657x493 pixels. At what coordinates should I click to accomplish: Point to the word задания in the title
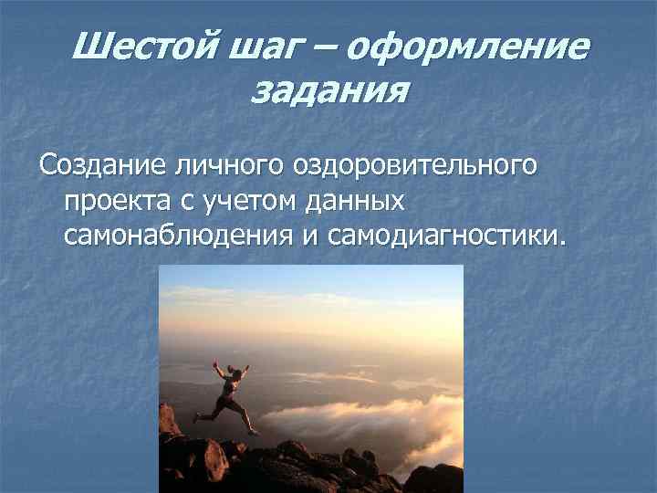(328, 92)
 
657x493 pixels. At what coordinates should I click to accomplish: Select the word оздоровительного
(415, 169)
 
